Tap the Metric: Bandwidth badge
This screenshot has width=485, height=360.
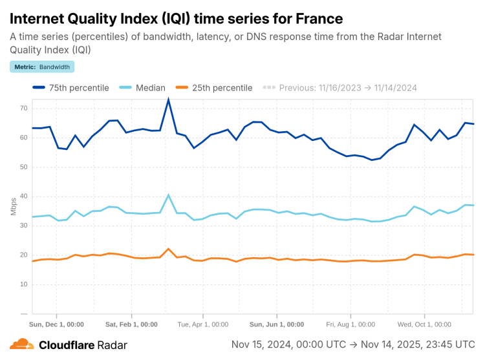(x=42, y=67)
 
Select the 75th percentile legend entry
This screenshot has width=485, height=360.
(x=71, y=88)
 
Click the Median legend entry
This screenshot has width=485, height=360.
(x=144, y=88)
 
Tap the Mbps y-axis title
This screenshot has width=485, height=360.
(x=14, y=206)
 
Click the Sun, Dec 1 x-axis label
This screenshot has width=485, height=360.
(x=57, y=324)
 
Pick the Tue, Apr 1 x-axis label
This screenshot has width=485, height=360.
(x=203, y=324)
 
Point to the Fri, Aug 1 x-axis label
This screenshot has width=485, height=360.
(x=350, y=324)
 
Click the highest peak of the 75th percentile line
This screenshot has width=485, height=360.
(x=169, y=100)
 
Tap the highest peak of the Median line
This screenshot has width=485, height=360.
(x=169, y=195)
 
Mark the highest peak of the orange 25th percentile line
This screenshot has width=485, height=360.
(x=169, y=249)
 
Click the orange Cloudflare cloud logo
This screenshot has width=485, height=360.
(x=21, y=345)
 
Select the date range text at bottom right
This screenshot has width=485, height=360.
(x=353, y=344)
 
